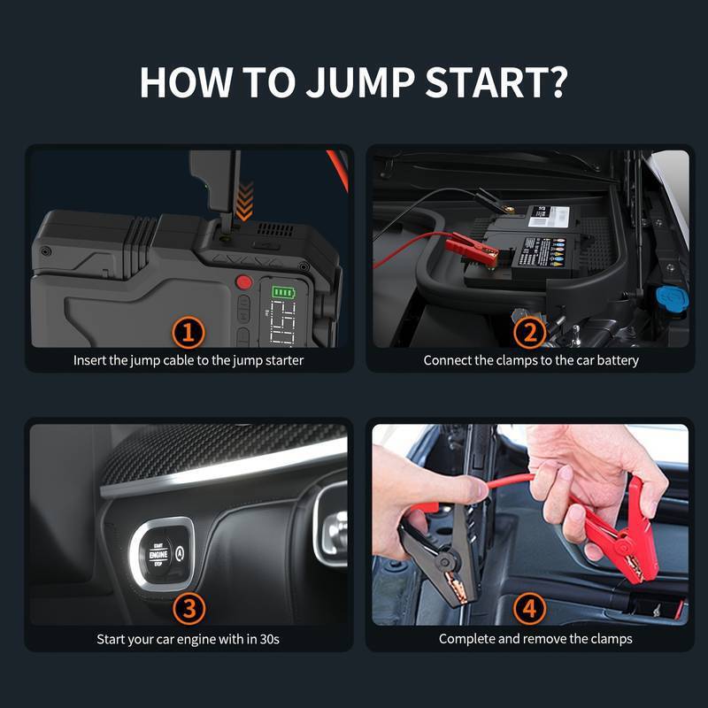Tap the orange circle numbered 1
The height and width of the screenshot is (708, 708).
(x=189, y=333)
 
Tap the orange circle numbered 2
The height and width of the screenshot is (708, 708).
(x=530, y=333)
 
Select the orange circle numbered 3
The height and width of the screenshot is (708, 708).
(x=189, y=608)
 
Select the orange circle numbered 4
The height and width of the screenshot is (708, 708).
(x=530, y=608)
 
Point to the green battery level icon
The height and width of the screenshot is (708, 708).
(x=283, y=292)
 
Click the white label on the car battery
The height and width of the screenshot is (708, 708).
(x=548, y=215)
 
